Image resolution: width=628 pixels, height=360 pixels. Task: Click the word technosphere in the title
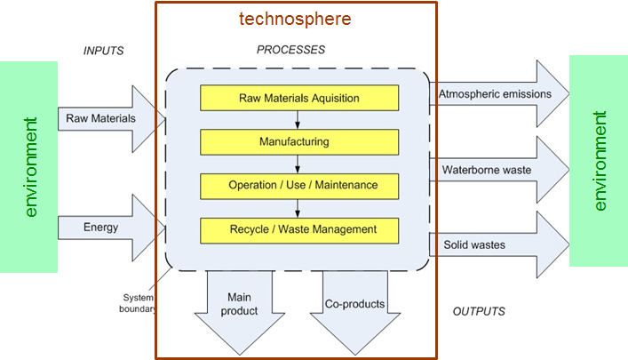(x=295, y=19)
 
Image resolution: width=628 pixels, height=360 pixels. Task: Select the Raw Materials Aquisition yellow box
(x=297, y=97)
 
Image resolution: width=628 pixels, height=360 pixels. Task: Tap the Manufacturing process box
(x=297, y=141)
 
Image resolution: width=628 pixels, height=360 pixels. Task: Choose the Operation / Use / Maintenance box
(x=297, y=185)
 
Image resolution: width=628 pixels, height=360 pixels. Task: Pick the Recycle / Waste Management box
(x=297, y=229)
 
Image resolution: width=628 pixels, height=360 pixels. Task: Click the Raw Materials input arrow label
(x=100, y=118)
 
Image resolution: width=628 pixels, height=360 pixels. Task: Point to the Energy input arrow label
(x=100, y=227)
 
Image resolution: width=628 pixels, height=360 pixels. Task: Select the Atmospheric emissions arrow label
(x=495, y=93)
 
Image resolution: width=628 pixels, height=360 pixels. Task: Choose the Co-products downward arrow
(x=354, y=304)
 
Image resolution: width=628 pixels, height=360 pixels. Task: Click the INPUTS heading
(x=104, y=51)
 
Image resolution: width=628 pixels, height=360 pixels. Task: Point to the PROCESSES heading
(x=290, y=50)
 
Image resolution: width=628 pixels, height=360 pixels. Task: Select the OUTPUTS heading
(x=479, y=311)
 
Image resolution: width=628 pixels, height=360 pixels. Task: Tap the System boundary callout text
(x=138, y=303)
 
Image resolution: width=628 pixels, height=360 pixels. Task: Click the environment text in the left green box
(x=31, y=166)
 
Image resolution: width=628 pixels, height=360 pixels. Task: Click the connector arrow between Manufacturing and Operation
(x=297, y=164)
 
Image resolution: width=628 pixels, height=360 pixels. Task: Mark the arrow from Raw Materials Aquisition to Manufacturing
(x=297, y=119)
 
